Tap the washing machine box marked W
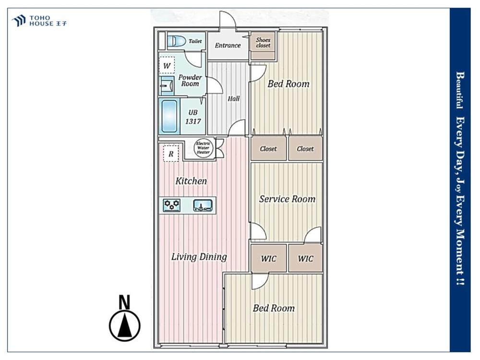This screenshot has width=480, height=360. point(167,65)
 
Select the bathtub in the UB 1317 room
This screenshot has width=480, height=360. point(169,116)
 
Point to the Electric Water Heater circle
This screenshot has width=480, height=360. point(203,148)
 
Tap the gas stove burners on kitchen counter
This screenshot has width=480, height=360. point(171,205)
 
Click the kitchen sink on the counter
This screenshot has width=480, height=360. point(203,205)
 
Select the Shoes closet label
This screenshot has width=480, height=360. point(263,43)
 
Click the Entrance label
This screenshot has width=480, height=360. point(228,45)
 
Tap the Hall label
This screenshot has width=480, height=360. point(234,98)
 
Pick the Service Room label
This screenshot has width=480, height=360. point(287,199)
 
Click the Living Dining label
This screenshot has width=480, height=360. point(199,256)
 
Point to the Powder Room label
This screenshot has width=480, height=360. point(190,80)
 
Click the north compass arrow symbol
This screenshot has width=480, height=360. point(125,326)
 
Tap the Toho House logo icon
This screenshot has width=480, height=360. point(19,21)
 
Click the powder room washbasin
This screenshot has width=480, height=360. point(167,86)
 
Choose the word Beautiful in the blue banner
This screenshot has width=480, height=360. point(460,90)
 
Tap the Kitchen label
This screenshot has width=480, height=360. point(191,180)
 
